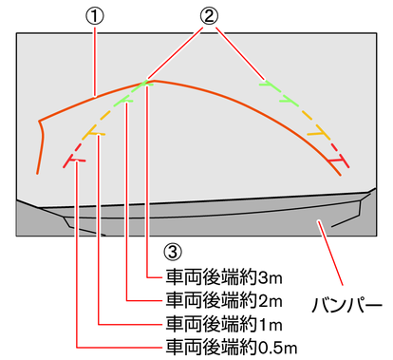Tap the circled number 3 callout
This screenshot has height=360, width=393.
click(171, 253)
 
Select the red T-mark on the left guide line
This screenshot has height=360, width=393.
click(76, 161)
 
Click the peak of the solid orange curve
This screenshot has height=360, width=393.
click(158, 81)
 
